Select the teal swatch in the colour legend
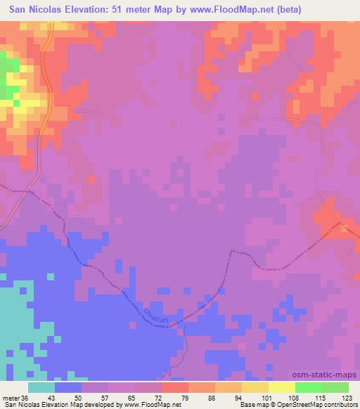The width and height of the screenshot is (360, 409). [x=41, y=387]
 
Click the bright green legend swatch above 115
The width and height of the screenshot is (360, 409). [x=309, y=387]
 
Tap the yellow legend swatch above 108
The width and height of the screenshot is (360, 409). [x=282, y=387]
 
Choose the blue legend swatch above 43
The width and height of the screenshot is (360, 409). [x=68, y=387]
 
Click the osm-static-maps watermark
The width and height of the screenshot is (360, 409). [x=330, y=376]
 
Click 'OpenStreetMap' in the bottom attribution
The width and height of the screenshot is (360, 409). [x=302, y=405]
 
